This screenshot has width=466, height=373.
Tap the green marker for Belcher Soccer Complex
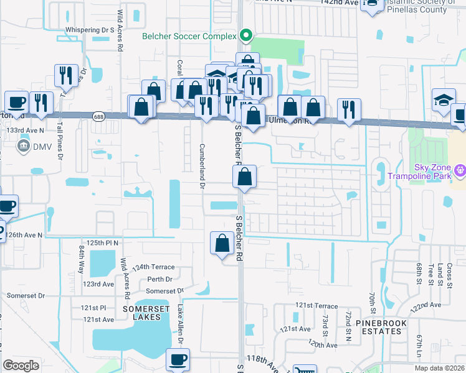pos(246,35)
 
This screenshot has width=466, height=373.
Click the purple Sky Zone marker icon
pos(460,168)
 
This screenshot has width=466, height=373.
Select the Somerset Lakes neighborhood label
pos(146,312)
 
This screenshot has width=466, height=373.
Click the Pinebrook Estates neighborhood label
pos(378,327)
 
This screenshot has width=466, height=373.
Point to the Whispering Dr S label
pos(90,30)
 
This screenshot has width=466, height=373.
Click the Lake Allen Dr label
pos(180,324)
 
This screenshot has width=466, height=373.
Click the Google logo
pos(21,366)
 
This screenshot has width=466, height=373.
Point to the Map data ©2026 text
pos(436,367)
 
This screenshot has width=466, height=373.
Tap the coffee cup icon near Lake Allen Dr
pos(178,359)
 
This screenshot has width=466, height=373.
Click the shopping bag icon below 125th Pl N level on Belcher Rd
pos(222,244)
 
